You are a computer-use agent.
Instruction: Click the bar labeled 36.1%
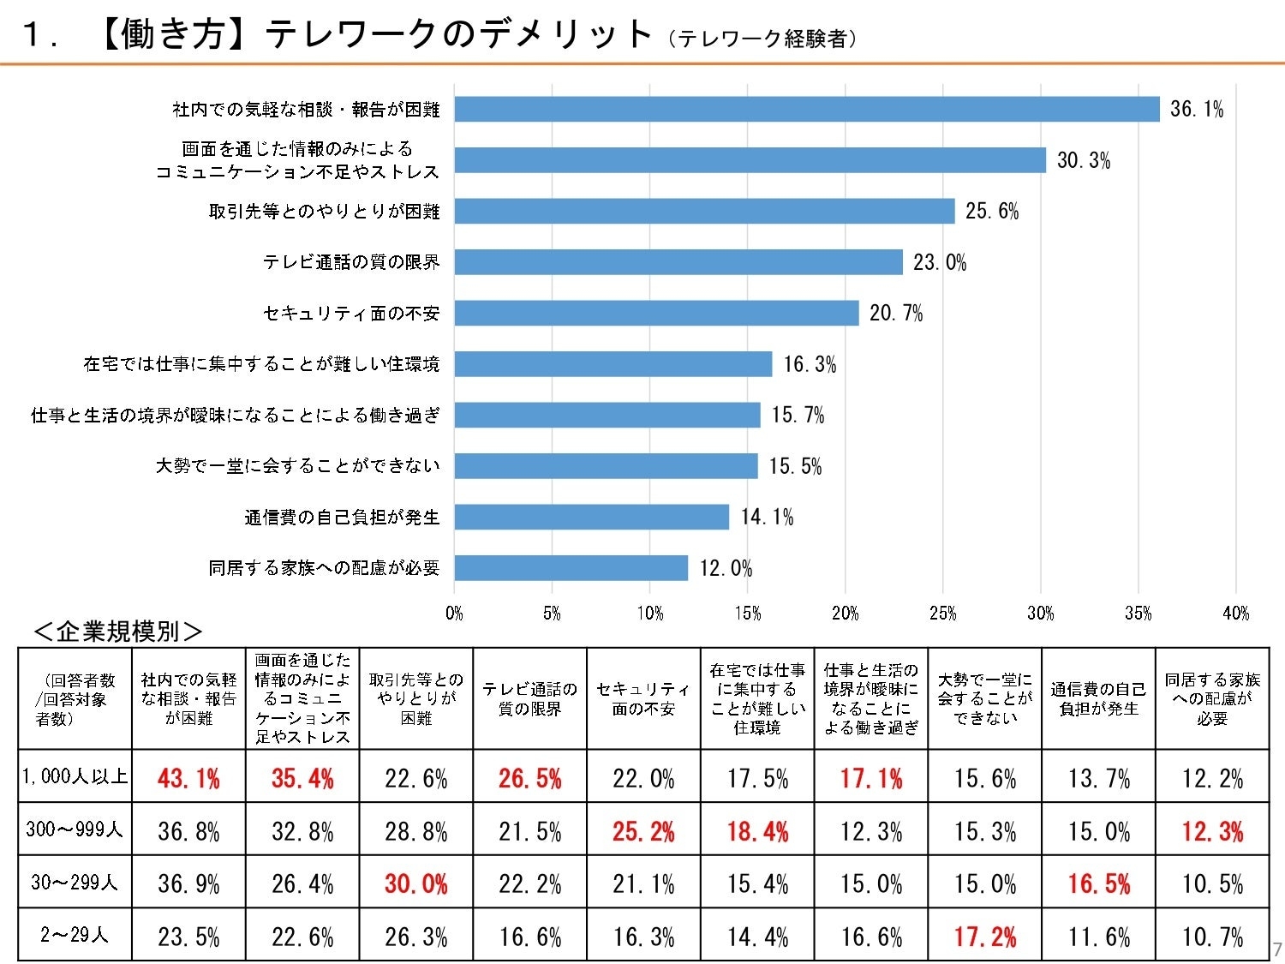(807, 109)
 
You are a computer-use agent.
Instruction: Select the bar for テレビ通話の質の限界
(678, 262)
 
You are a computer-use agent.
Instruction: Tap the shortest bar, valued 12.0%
(571, 568)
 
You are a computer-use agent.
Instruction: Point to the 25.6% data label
(992, 212)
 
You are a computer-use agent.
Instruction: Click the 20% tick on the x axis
(845, 613)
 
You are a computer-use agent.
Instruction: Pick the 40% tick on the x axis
(1235, 613)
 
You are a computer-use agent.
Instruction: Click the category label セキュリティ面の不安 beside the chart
(351, 314)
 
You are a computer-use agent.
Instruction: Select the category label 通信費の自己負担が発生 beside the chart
(342, 518)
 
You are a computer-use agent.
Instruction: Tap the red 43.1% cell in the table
(188, 778)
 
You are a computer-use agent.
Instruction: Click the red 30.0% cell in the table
(415, 883)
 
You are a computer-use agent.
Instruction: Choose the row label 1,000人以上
(75, 776)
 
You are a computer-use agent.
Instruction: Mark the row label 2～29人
(75, 935)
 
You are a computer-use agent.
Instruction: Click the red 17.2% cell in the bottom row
(985, 937)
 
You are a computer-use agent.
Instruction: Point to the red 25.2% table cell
(643, 831)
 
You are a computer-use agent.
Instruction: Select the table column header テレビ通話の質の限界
(529, 699)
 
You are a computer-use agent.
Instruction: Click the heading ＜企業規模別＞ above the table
(117, 632)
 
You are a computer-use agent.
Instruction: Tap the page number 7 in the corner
(1276, 949)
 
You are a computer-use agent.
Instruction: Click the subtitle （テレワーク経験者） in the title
(762, 39)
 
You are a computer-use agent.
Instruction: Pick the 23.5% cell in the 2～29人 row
(188, 937)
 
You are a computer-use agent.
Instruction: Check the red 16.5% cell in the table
(1098, 883)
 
